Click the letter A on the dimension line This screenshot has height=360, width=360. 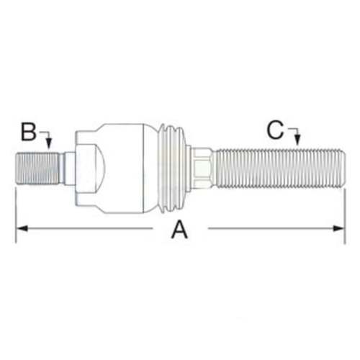tap(179, 230)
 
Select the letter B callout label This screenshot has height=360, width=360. tap(29, 132)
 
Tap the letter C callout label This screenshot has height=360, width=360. tap(275, 130)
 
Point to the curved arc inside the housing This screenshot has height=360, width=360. tap(101, 166)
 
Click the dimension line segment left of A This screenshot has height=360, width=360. tap(86, 229)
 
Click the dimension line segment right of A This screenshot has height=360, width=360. tap(274, 229)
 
